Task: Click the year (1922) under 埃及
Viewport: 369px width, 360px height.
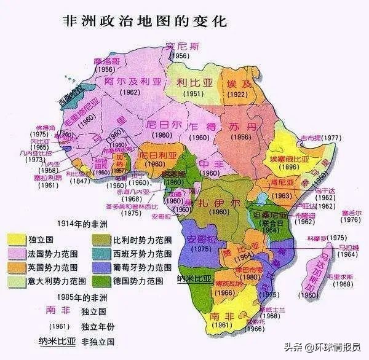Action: coord(237,95)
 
